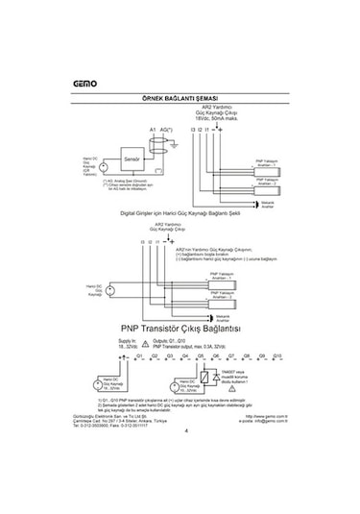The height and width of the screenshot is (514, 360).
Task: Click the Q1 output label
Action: click(x=139, y=355)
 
